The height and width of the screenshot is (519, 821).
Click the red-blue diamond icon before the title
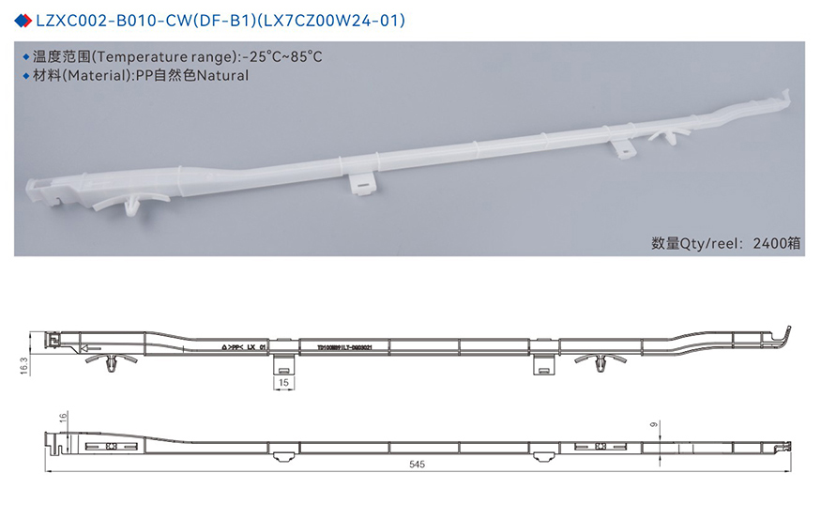23,20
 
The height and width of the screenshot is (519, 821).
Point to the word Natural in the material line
221,76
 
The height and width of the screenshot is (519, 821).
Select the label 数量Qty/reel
693,242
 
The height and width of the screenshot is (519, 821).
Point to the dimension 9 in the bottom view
653,425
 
